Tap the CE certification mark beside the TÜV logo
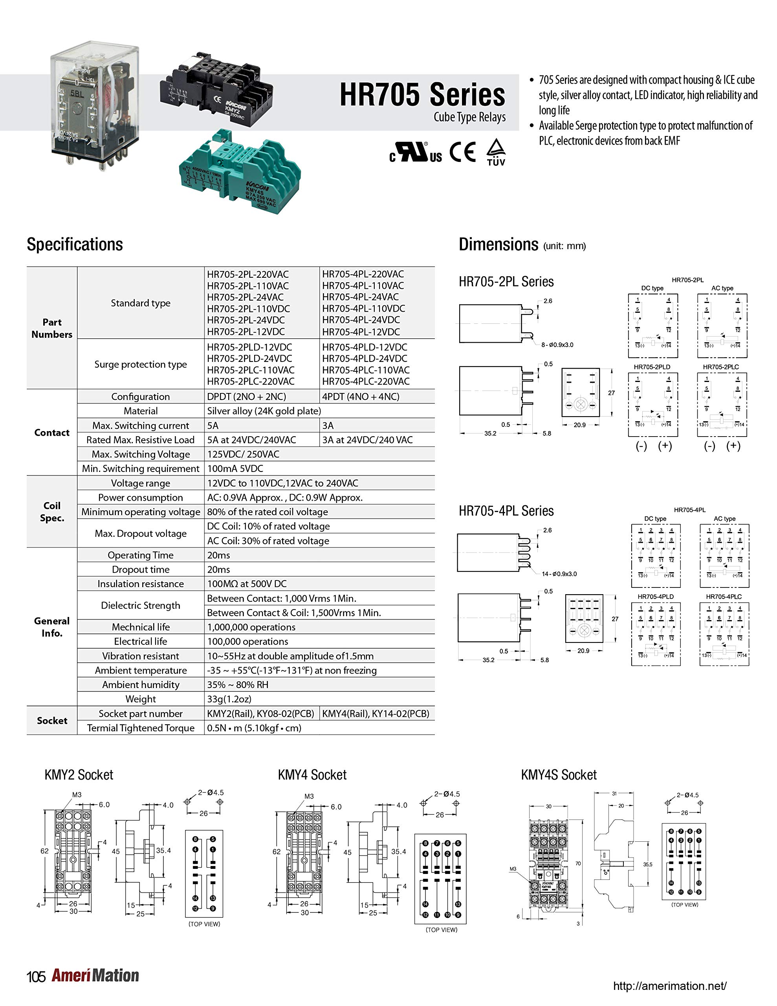pyautogui.click(x=462, y=152)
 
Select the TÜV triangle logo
pyautogui.click(x=496, y=152)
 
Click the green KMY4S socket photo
pyautogui.click(x=240, y=171)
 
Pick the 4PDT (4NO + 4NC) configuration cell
pyautogui.click(x=361, y=397)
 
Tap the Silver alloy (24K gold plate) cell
pyautogui.click(x=264, y=411)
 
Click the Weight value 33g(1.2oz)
pyautogui.click(x=229, y=699)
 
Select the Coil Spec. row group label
pyautogui.click(x=51, y=512)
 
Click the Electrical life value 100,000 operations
pyautogui.click(x=247, y=641)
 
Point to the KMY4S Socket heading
pyautogui.click(x=558, y=775)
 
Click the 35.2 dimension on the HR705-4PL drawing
pyautogui.click(x=488, y=660)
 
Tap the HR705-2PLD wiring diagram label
pyautogui.click(x=652, y=367)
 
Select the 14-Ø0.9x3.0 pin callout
pyautogui.click(x=559, y=574)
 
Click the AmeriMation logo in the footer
pyautogui.click(x=95, y=976)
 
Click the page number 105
pyautogui.click(x=36, y=977)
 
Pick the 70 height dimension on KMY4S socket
pyautogui.click(x=578, y=863)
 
